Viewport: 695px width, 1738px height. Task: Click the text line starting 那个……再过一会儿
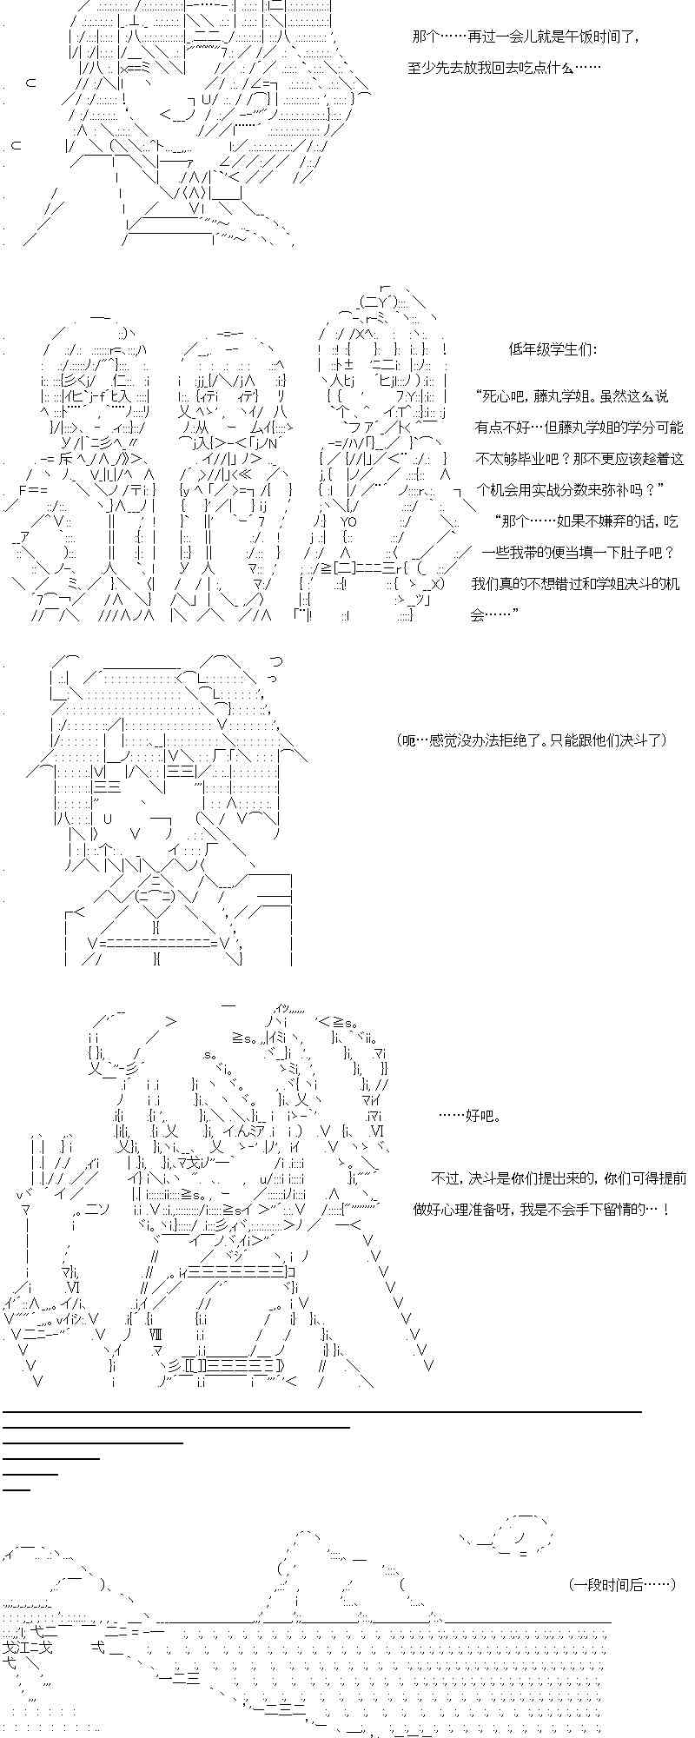526,37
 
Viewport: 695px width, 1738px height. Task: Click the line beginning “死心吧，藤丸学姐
572,396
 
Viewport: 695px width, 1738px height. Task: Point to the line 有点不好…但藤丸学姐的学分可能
579,428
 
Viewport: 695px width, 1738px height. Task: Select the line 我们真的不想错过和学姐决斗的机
575,584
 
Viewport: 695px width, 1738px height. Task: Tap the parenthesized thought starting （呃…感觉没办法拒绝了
532,740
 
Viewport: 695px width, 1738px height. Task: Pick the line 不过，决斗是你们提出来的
559,1178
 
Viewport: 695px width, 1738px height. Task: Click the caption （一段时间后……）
623,1585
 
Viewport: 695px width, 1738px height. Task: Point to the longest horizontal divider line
321,1412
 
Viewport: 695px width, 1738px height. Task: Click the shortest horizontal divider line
17,1489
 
